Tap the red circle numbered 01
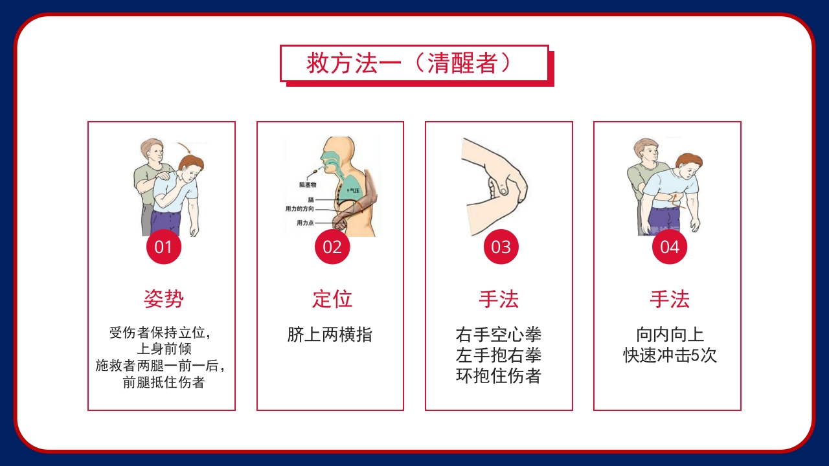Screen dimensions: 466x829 pyautogui.click(x=164, y=247)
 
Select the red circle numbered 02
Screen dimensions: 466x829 pyautogui.click(x=332, y=247)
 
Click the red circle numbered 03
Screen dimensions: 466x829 pyautogui.click(x=501, y=247)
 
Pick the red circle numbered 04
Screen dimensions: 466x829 pyautogui.click(x=669, y=247)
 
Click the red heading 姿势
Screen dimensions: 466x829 pyautogui.click(x=163, y=299)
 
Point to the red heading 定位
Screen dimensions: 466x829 pyautogui.click(x=332, y=299)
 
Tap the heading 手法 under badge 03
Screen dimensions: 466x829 pyautogui.click(x=499, y=299)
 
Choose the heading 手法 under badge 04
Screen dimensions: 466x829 pyautogui.click(x=669, y=299)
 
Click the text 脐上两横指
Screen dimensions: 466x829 pyautogui.click(x=330, y=335)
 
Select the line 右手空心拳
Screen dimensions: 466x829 pyautogui.click(x=498, y=335)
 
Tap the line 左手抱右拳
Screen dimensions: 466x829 pyautogui.click(x=498, y=355)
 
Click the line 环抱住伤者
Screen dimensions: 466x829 pyautogui.click(x=498, y=376)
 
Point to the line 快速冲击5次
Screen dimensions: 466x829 pyautogui.click(x=670, y=355)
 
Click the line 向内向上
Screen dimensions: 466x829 pyautogui.click(x=670, y=335)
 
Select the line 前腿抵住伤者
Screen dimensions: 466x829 pyautogui.click(x=164, y=383)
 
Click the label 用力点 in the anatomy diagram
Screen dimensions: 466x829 pyautogui.click(x=304, y=223)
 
